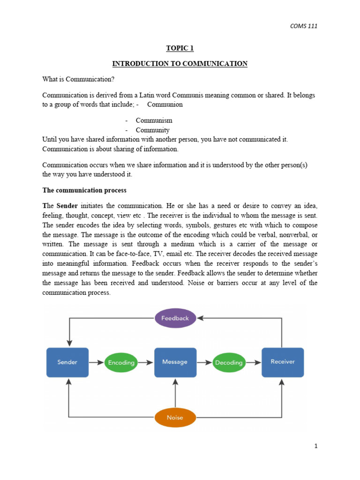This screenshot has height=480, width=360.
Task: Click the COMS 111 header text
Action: pos(304,26)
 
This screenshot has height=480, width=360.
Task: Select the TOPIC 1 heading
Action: pos(180,48)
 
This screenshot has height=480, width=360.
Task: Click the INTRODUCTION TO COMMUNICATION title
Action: pos(180,63)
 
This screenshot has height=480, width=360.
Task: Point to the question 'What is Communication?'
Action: pos(75,79)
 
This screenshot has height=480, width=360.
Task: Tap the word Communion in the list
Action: pos(165,105)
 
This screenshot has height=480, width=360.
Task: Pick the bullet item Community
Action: pos(153,130)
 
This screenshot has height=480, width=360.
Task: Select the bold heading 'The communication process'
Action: pos(84,190)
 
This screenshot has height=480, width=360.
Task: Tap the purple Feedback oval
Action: pos(175,318)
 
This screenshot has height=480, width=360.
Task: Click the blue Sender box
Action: pos(67,362)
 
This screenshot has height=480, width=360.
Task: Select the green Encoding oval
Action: pos(121,362)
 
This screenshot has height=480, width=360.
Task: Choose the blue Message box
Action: pos(175,362)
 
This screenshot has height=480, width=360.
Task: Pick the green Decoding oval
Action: pos(229,362)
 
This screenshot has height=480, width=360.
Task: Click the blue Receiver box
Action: pos(283,362)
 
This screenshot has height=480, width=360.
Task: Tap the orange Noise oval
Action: pos(175,417)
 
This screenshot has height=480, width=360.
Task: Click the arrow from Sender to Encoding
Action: pos(97,362)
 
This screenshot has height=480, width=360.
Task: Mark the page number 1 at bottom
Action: pos(316,446)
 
